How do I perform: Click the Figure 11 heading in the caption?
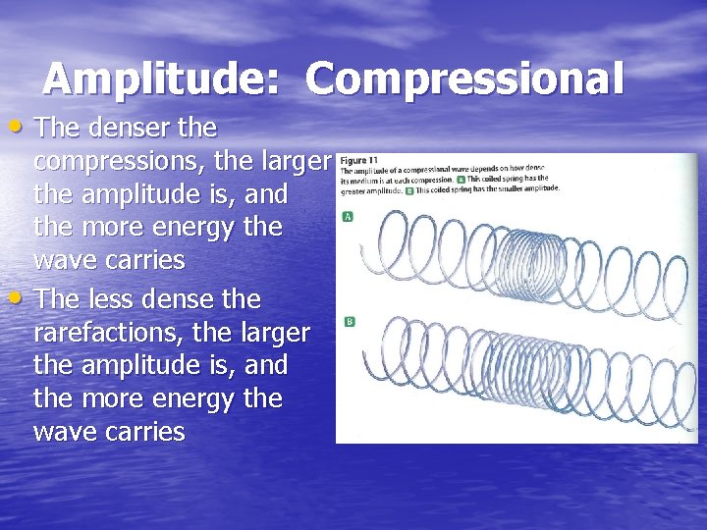pyautogui.click(x=359, y=160)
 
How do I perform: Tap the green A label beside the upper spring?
pyautogui.click(x=348, y=217)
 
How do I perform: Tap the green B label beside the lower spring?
pyautogui.click(x=348, y=322)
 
